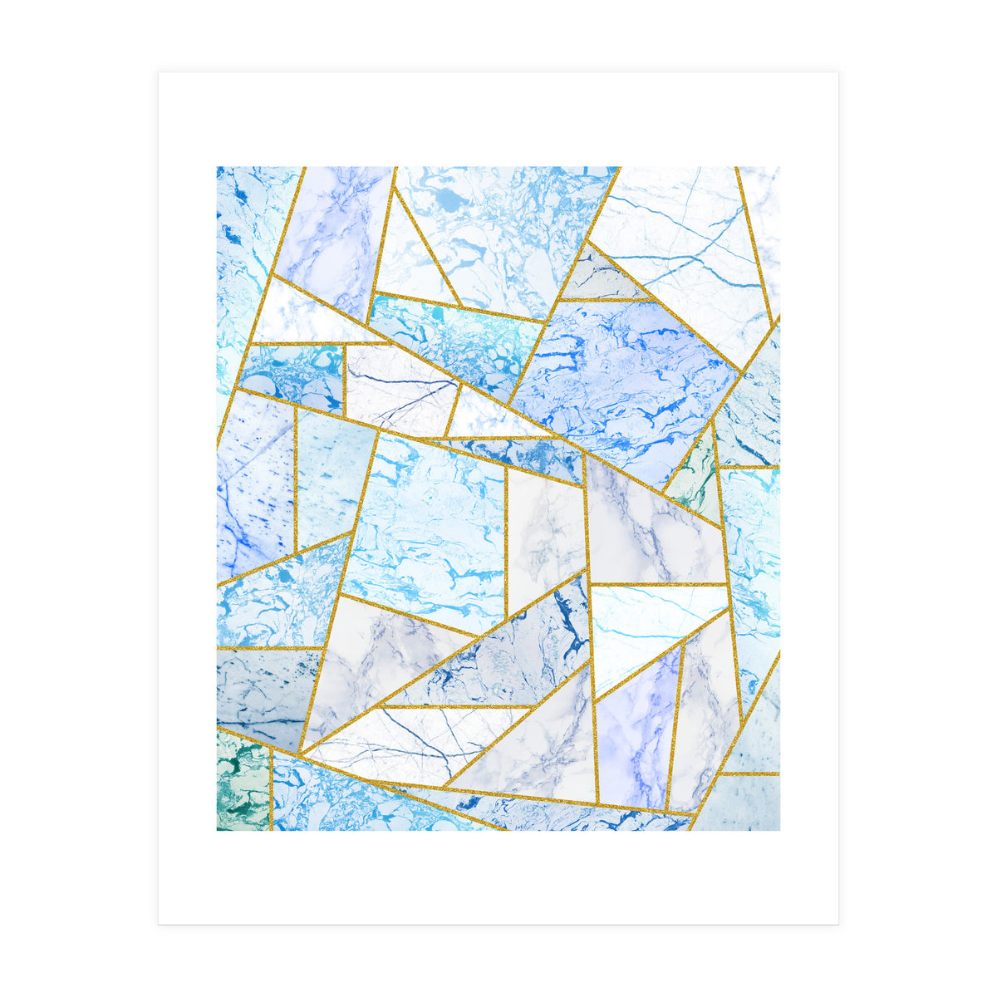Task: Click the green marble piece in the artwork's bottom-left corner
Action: [x=241, y=785]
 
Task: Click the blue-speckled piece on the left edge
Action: [x=253, y=490]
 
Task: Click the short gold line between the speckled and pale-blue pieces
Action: [x=295, y=482]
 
